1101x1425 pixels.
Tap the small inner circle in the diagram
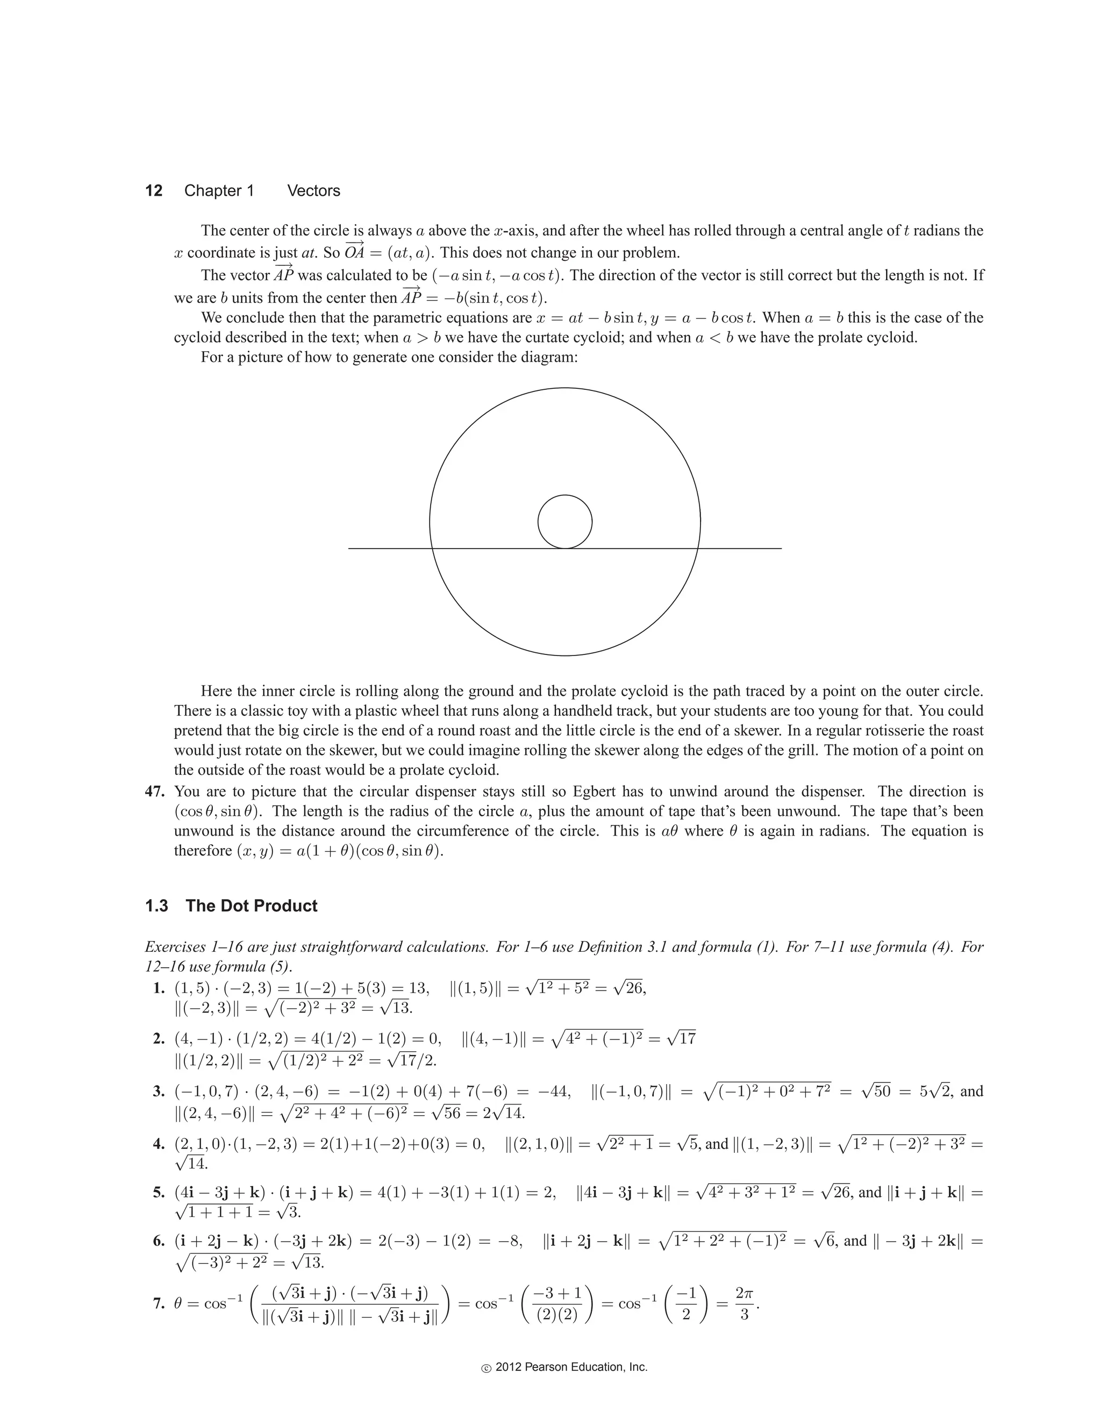point(565,521)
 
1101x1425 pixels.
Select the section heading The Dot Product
point(251,906)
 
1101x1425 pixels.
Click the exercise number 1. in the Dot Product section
point(159,988)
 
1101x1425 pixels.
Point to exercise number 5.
point(159,1193)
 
